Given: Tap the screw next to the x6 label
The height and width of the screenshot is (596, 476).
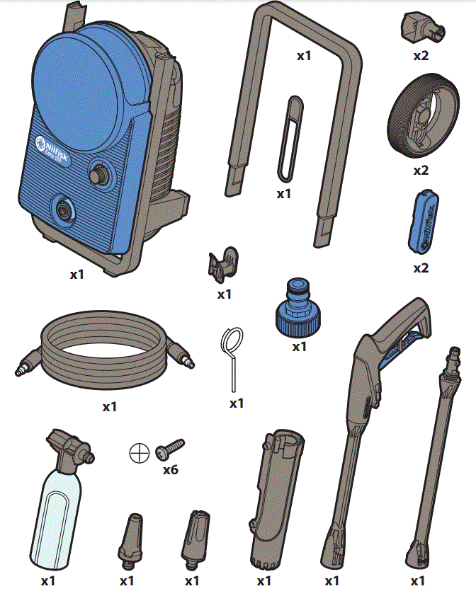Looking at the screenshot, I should click(x=170, y=448).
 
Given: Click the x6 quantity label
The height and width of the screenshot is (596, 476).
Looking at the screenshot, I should click(x=170, y=469).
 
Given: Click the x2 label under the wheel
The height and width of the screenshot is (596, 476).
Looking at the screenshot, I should click(x=421, y=170).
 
